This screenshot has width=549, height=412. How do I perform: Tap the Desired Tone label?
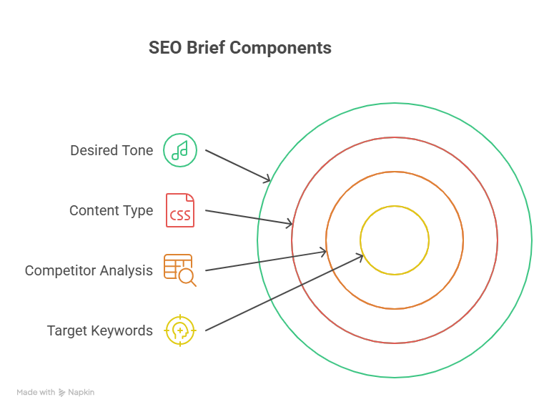[x=111, y=150]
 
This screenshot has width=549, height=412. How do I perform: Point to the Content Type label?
[x=111, y=210]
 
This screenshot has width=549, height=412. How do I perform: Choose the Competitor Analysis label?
[x=89, y=270]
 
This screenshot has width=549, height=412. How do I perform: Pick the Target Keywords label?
[x=99, y=330]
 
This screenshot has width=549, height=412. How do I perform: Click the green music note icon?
[x=180, y=150]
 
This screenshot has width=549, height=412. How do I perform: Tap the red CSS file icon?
[x=180, y=210]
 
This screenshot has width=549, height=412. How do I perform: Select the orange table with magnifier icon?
[x=179, y=270]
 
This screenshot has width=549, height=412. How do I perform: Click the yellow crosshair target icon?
[x=180, y=330]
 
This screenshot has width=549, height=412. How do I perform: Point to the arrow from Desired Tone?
[x=236, y=165]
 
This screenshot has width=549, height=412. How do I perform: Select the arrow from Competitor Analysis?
[x=264, y=261]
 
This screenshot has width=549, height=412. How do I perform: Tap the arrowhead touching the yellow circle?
[x=360, y=256]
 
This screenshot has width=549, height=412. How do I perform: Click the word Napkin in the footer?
[x=81, y=392]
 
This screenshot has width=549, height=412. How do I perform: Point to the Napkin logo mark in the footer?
[x=62, y=392]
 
